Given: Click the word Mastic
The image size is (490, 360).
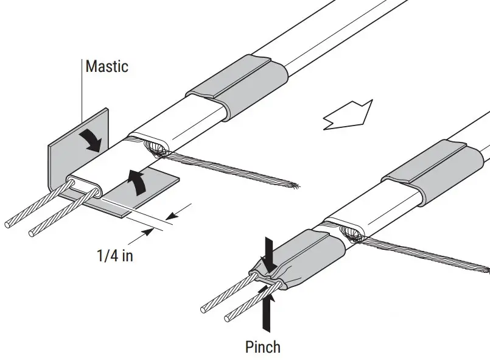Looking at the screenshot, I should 107,66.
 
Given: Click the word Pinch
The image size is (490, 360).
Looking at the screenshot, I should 262,347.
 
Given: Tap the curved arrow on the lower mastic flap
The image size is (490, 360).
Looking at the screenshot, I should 139,182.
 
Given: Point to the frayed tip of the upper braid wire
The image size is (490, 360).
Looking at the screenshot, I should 296,185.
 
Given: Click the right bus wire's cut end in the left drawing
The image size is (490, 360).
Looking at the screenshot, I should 32,233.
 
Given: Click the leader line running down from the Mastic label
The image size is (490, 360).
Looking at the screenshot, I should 82,110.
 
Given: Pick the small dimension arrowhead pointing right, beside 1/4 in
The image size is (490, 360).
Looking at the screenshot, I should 146,231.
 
